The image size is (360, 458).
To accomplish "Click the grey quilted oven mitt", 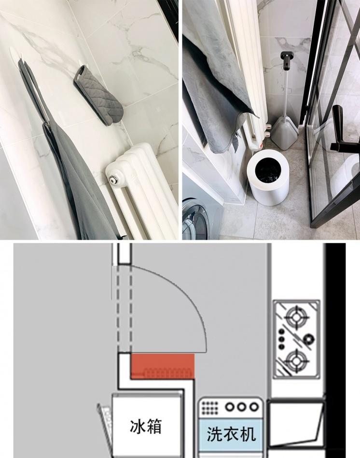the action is pyautogui.click(x=98, y=95).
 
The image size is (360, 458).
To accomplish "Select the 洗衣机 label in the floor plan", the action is pyautogui.click(x=231, y=434).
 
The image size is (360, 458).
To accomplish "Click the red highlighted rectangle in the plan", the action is pyautogui.click(x=162, y=366).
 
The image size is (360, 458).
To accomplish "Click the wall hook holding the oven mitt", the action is pyautogui.click(x=81, y=63).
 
